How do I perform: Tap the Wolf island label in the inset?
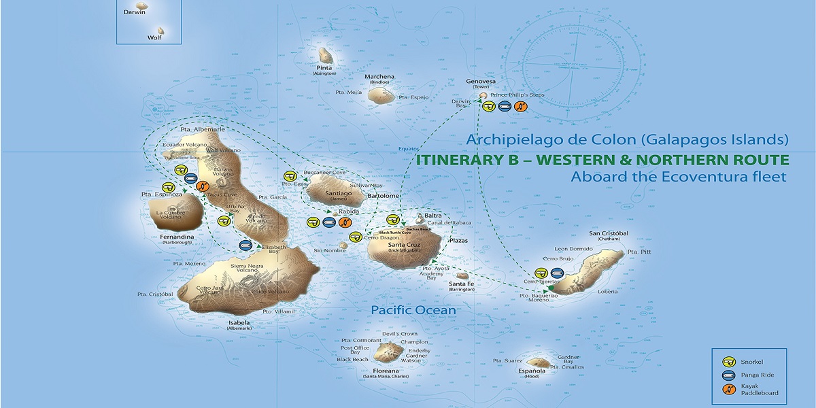(x=154, y=38)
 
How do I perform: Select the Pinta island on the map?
(x=325, y=55)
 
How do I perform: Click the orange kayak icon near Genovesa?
(x=520, y=106)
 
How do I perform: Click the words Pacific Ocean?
(x=413, y=310)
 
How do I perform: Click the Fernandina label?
(x=177, y=237)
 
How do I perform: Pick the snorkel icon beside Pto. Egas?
(x=291, y=175)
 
